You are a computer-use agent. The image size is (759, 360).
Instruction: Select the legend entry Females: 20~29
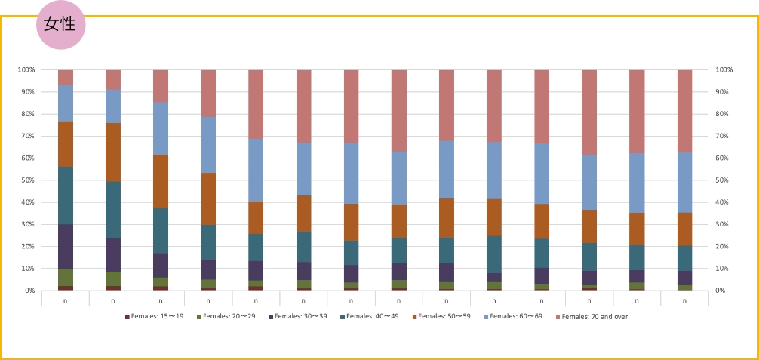(x=227, y=316)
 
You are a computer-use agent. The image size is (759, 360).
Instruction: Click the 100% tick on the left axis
(x=27, y=70)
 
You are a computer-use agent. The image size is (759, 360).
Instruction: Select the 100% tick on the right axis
(x=724, y=70)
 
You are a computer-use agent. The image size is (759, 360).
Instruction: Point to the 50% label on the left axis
(x=27, y=180)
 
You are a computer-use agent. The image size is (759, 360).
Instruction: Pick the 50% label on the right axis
(x=724, y=180)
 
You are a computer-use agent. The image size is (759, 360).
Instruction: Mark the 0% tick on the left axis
(x=29, y=291)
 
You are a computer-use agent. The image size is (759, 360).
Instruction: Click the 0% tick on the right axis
(x=721, y=291)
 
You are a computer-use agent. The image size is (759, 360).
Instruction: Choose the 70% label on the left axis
(x=27, y=136)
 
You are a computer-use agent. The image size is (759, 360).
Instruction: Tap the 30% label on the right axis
(x=724, y=224)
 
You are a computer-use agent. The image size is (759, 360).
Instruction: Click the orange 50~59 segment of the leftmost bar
(x=66, y=144)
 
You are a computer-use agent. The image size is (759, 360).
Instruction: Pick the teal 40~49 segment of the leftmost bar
(x=66, y=195)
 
